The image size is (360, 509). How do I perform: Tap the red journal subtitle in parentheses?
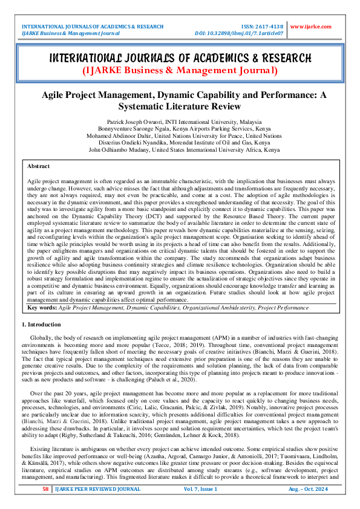point(180,71)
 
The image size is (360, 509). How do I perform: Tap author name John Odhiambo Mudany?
point(119,149)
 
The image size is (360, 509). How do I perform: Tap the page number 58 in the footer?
point(45,488)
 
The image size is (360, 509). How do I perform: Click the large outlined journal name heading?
point(180,58)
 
